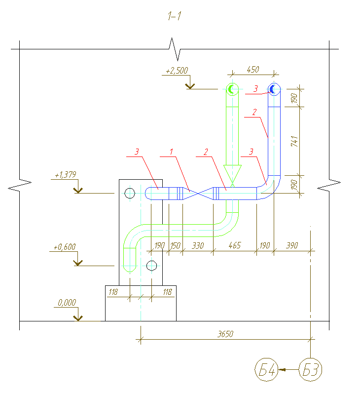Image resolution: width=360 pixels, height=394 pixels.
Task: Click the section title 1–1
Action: [175, 16]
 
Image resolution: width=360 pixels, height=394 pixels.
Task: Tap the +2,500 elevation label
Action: [177, 71]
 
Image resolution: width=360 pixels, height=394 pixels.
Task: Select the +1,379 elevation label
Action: [66, 175]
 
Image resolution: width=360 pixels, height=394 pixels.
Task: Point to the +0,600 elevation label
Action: [65, 247]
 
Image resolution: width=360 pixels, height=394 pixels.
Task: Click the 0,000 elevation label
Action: [67, 303]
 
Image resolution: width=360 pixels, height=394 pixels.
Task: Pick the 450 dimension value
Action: [253, 69]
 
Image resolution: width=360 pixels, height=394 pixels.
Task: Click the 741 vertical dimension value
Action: [294, 141]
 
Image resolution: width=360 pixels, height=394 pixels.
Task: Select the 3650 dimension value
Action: [225, 334]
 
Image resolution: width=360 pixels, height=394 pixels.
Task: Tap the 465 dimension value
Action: [235, 245]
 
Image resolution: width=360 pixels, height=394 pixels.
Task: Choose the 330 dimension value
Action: [198, 245]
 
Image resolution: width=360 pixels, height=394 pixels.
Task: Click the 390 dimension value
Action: [292, 245]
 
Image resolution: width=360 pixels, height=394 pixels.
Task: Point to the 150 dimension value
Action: [175, 245]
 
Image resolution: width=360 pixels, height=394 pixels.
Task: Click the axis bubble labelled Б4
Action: [266, 370]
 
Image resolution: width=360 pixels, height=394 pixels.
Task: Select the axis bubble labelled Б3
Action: [311, 370]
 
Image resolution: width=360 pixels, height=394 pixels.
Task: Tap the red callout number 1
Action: [171, 152]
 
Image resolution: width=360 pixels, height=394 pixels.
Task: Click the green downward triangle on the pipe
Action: [232, 173]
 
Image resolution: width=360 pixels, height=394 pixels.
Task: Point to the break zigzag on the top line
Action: [175, 49]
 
